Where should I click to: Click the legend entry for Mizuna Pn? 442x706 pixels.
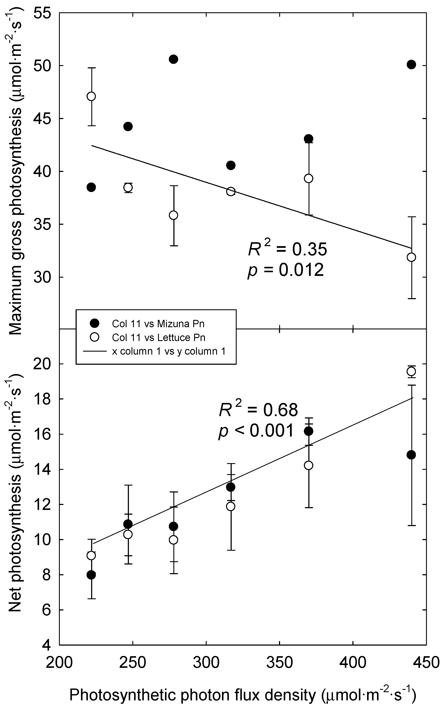pos(158,324)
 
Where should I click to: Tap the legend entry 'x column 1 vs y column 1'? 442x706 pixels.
pos(169,351)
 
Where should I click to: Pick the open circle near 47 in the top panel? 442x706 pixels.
pos(92,96)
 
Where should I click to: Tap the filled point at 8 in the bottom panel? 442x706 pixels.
pos(92,575)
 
